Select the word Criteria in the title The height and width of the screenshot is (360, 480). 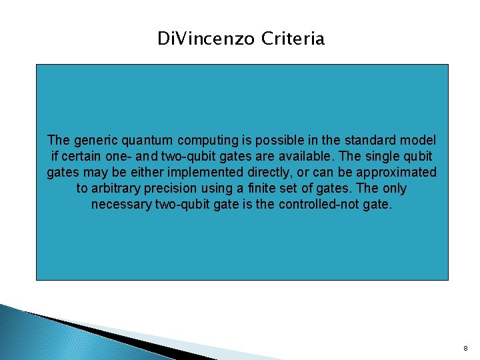point(293,39)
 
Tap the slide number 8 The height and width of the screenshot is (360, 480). point(465,348)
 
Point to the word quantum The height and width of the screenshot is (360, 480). point(146,141)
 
